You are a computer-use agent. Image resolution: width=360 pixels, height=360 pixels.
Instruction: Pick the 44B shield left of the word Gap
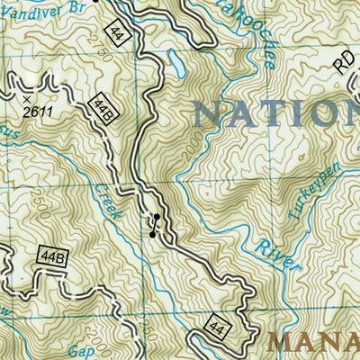[52, 257]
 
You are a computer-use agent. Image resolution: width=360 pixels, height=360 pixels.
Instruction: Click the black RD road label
[344, 61]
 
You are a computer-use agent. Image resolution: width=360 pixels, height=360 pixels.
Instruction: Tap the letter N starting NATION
[208, 114]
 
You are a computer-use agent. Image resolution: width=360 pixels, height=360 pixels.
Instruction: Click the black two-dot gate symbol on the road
[155, 225]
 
